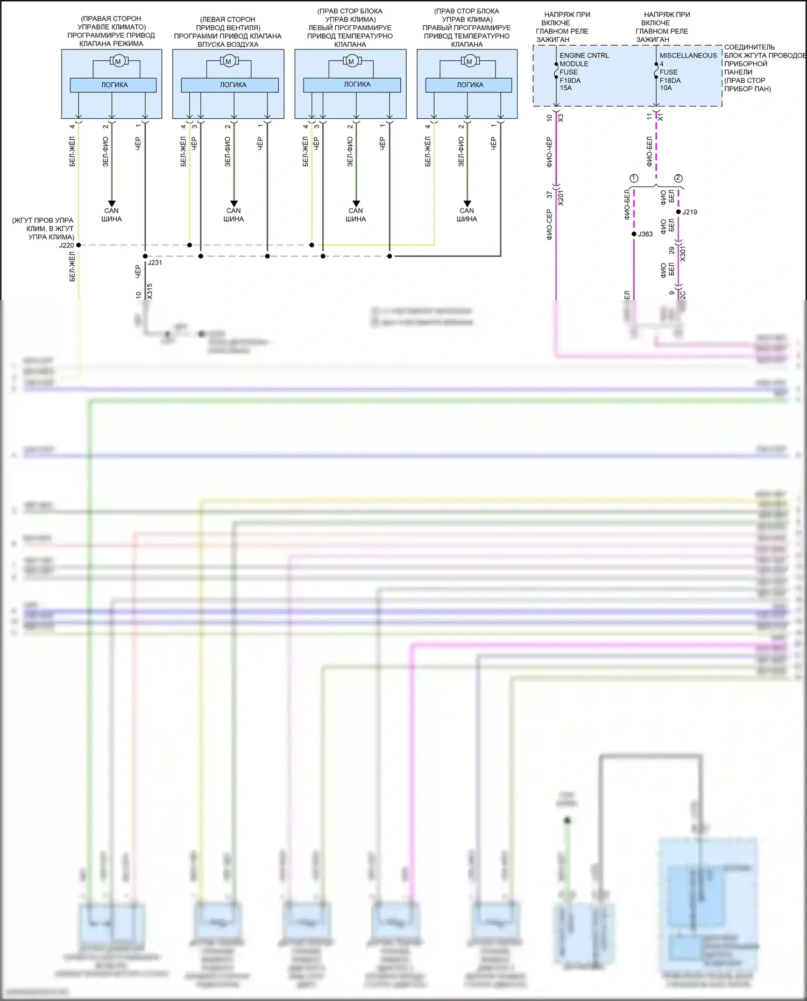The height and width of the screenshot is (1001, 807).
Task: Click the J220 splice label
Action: [66, 245]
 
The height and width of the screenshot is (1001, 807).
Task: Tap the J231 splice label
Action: [155, 262]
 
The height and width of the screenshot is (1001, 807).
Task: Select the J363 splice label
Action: [646, 234]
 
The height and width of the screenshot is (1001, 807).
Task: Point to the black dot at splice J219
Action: [678, 212]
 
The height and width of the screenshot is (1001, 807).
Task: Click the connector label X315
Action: [150, 291]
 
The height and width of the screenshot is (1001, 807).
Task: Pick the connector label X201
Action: [561, 197]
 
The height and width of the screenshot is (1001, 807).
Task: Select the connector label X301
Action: [683, 253]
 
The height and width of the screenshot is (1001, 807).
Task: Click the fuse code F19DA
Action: [570, 80]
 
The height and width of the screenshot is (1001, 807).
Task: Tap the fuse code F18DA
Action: [670, 80]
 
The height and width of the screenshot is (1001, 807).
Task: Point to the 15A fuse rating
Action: [565, 88]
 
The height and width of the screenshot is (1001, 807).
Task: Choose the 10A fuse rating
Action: [666, 88]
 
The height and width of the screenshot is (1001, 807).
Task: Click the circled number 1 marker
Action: [634, 178]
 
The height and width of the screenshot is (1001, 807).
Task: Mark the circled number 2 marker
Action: [678, 178]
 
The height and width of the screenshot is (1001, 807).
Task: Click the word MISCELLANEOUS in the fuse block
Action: [688, 55]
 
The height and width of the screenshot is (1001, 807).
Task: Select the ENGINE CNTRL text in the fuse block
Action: [584, 55]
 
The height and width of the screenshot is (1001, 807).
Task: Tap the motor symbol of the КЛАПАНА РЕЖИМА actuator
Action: [118, 61]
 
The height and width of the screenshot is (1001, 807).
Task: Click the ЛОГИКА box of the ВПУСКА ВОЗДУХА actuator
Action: [230, 85]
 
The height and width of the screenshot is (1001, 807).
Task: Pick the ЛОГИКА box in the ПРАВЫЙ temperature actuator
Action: [469, 85]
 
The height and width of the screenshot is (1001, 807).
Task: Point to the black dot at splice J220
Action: [79, 245]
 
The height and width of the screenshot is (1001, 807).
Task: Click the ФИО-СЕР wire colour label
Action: [549, 224]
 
